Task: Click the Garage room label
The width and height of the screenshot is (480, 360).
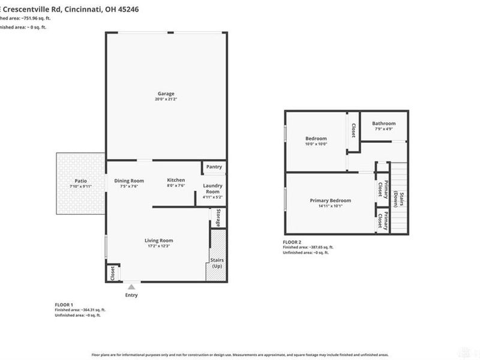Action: (x=166, y=94)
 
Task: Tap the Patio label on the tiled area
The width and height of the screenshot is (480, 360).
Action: (x=80, y=180)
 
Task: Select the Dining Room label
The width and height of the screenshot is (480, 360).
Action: (x=129, y=181)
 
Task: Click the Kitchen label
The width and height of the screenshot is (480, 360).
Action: (x=176, y=180)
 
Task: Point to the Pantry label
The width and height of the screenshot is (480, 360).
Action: (x=214, y=167)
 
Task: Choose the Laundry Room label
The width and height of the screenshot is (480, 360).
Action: (x=213, y=188)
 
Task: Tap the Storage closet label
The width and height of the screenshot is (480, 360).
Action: (x=218, y=218)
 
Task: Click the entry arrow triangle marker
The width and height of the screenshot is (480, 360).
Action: (x=131, y=287)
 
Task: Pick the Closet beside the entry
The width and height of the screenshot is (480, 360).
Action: (x=112, y=272)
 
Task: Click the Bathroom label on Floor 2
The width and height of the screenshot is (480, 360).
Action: (x=383, y=124)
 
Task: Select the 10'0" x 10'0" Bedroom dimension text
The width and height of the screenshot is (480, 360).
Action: (x=316, y=144)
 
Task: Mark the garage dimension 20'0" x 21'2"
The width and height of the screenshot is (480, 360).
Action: (x=166, y=100)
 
